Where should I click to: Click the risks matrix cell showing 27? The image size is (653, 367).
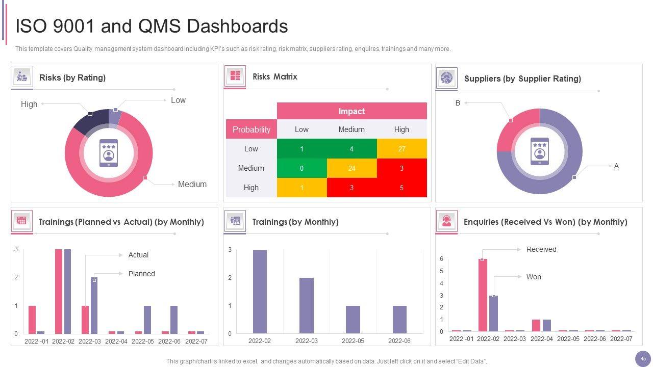coord(401,149)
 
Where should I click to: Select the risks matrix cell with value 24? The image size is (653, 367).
coord(351,168)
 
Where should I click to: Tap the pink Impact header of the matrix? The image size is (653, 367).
coord(351,111)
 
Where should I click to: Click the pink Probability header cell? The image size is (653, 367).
coord(251,129)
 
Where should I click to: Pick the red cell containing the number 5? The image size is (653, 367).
coord(401,188)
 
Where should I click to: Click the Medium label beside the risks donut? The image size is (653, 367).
coord(192,185)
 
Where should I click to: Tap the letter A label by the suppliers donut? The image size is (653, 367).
coord(616,166)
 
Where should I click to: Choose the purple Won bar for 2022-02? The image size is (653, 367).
coord(493,313)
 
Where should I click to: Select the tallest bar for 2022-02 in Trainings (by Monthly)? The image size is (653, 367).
coord(260,291)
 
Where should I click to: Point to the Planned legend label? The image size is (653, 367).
coord(141,274)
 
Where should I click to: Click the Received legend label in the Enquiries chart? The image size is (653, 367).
coord(541,249)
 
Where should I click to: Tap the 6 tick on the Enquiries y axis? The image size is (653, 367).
coord(441,259)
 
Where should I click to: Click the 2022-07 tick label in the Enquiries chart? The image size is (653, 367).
coord(621,338)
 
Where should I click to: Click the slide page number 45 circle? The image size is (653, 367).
coord(643,359)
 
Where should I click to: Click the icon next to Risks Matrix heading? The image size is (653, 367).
coord(235,76)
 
